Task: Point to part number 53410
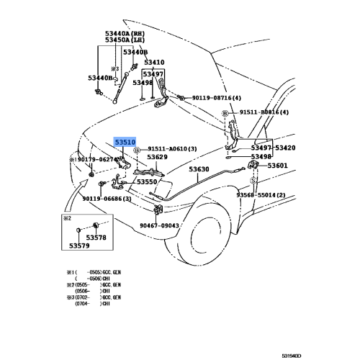[154, 63]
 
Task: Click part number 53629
[158, 157]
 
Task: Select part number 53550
[147, 182]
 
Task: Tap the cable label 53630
[199, 170]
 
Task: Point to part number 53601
[278, 166]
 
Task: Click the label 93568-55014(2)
[261, 195]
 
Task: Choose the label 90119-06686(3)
[107, 198]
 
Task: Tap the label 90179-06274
[96, 160]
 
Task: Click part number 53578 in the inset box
[96, 237]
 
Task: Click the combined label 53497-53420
[273, 148]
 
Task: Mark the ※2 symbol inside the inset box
[67, 217]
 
